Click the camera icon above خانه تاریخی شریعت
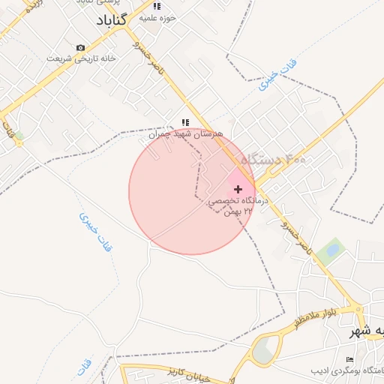pos(80,48)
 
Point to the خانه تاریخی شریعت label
pos(69,58)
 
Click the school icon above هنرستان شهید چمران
pos(185,122)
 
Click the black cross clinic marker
pos(238,189)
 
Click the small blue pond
pos(331,249)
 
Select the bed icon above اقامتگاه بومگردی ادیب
pos(347,361)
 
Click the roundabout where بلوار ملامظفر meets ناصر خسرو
pos(362,309)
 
